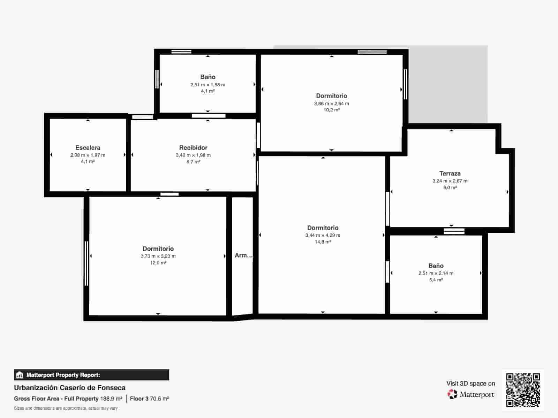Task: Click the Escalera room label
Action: pos(88,147)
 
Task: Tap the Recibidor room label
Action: pos(193,147)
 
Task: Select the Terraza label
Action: pos(450,173)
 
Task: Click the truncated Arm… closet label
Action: pos(243,255)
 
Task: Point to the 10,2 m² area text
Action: pos(332,110)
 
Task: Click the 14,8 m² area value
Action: pos(323,242)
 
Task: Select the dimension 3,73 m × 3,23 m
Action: pos(158,256)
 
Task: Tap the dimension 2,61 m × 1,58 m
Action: pos(208,85)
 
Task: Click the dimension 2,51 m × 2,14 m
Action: pos(436,273)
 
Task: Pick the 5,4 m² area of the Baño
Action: pos(436,280)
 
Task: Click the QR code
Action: pos(523,390)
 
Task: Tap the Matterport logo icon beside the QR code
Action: pos(452,394)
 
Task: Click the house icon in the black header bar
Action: pos(20,375)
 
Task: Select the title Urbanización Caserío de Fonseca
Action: pos(70,388)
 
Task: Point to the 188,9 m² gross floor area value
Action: pos(111,398)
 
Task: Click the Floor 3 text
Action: pos(139,398)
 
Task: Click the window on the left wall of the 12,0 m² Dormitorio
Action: pos(86,263)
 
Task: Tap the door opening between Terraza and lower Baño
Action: pos(454,231)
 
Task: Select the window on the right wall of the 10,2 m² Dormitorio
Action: pos(406,84)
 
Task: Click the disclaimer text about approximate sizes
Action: pos(66,408)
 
